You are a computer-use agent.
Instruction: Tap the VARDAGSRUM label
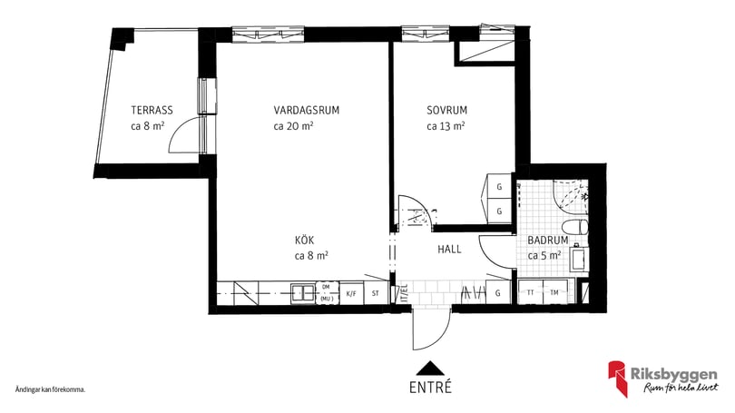click(x=306, y=111)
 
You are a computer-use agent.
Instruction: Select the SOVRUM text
click(x=446, y=111)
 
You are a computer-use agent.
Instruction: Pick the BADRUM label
click(x=547, y=241)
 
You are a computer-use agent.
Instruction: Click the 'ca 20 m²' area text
click(x=293, y=127)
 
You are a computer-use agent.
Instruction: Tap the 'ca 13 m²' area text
click(x=446, y=127)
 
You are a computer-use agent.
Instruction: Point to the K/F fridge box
click(x=350, y=293)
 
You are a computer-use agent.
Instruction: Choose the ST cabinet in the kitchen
click(x=376, y=293)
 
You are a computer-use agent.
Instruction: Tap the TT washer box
click(x=529, y=293)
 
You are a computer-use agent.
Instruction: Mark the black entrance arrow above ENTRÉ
click(x=430, y=368)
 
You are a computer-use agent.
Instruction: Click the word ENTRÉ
click(x=430, y=387)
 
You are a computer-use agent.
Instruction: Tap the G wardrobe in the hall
click(x=497, y=293)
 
